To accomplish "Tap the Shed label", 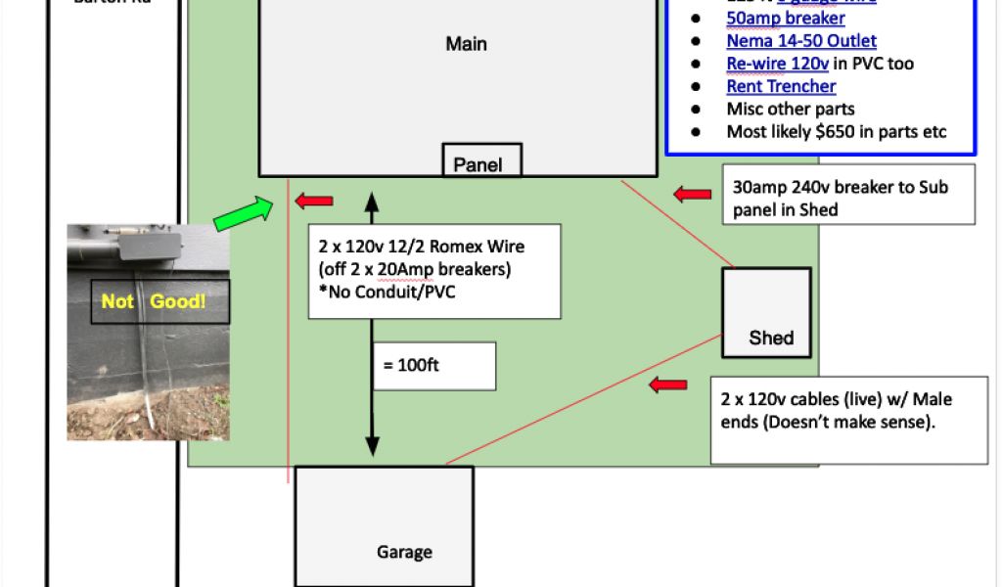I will point(770,339).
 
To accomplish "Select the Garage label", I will point(404,552).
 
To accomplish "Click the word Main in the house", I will point(466,44).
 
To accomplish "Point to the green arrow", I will point(244,213).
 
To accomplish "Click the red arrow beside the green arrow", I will point(314,201).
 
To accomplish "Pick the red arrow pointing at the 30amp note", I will point(693,195).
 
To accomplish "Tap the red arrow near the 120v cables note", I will point(669,385).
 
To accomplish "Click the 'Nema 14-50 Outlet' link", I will point(801,41).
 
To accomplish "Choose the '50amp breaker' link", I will point(786,19).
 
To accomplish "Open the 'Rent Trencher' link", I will point(781,86).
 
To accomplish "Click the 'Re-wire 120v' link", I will point(778,64).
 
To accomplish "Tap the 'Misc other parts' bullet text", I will point(791,109).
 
